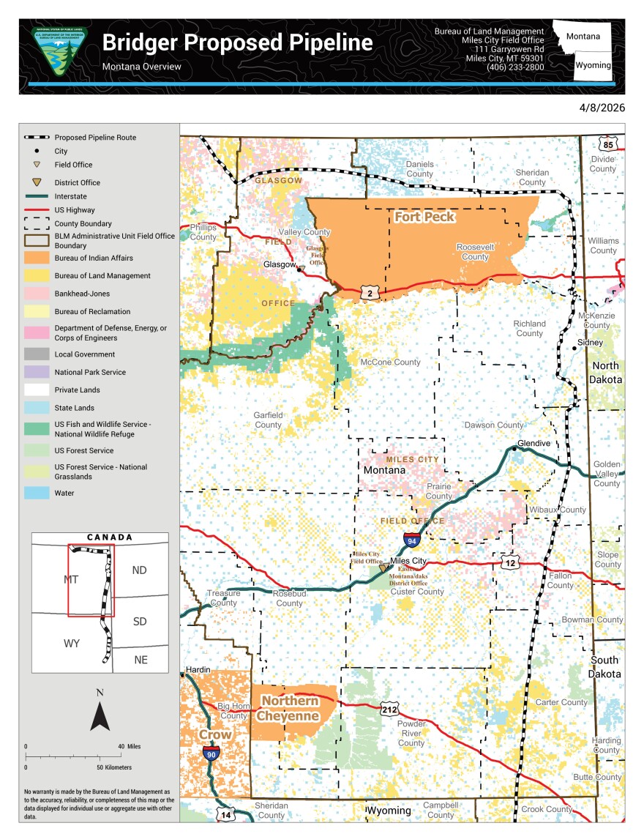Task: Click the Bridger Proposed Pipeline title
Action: (237, 42)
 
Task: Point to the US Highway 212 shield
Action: (389, 709)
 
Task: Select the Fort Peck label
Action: (424, 217)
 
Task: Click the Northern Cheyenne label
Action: (290, 708)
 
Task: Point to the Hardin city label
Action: (198, 670)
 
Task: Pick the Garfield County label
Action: (268, 420)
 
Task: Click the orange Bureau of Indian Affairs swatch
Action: (37, 258)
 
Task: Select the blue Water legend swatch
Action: (37, 493)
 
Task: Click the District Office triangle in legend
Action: (37, 182)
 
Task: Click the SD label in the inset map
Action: (140, 622)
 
